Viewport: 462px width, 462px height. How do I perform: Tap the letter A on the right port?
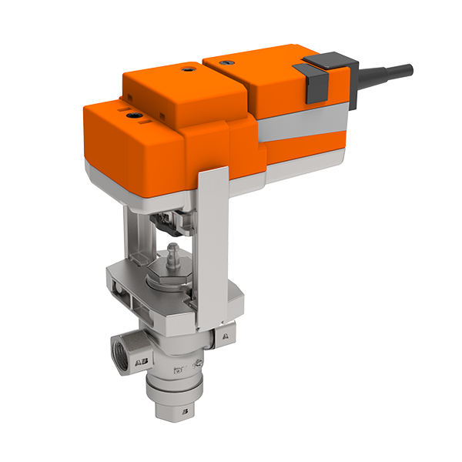click(x=224, y=336)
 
